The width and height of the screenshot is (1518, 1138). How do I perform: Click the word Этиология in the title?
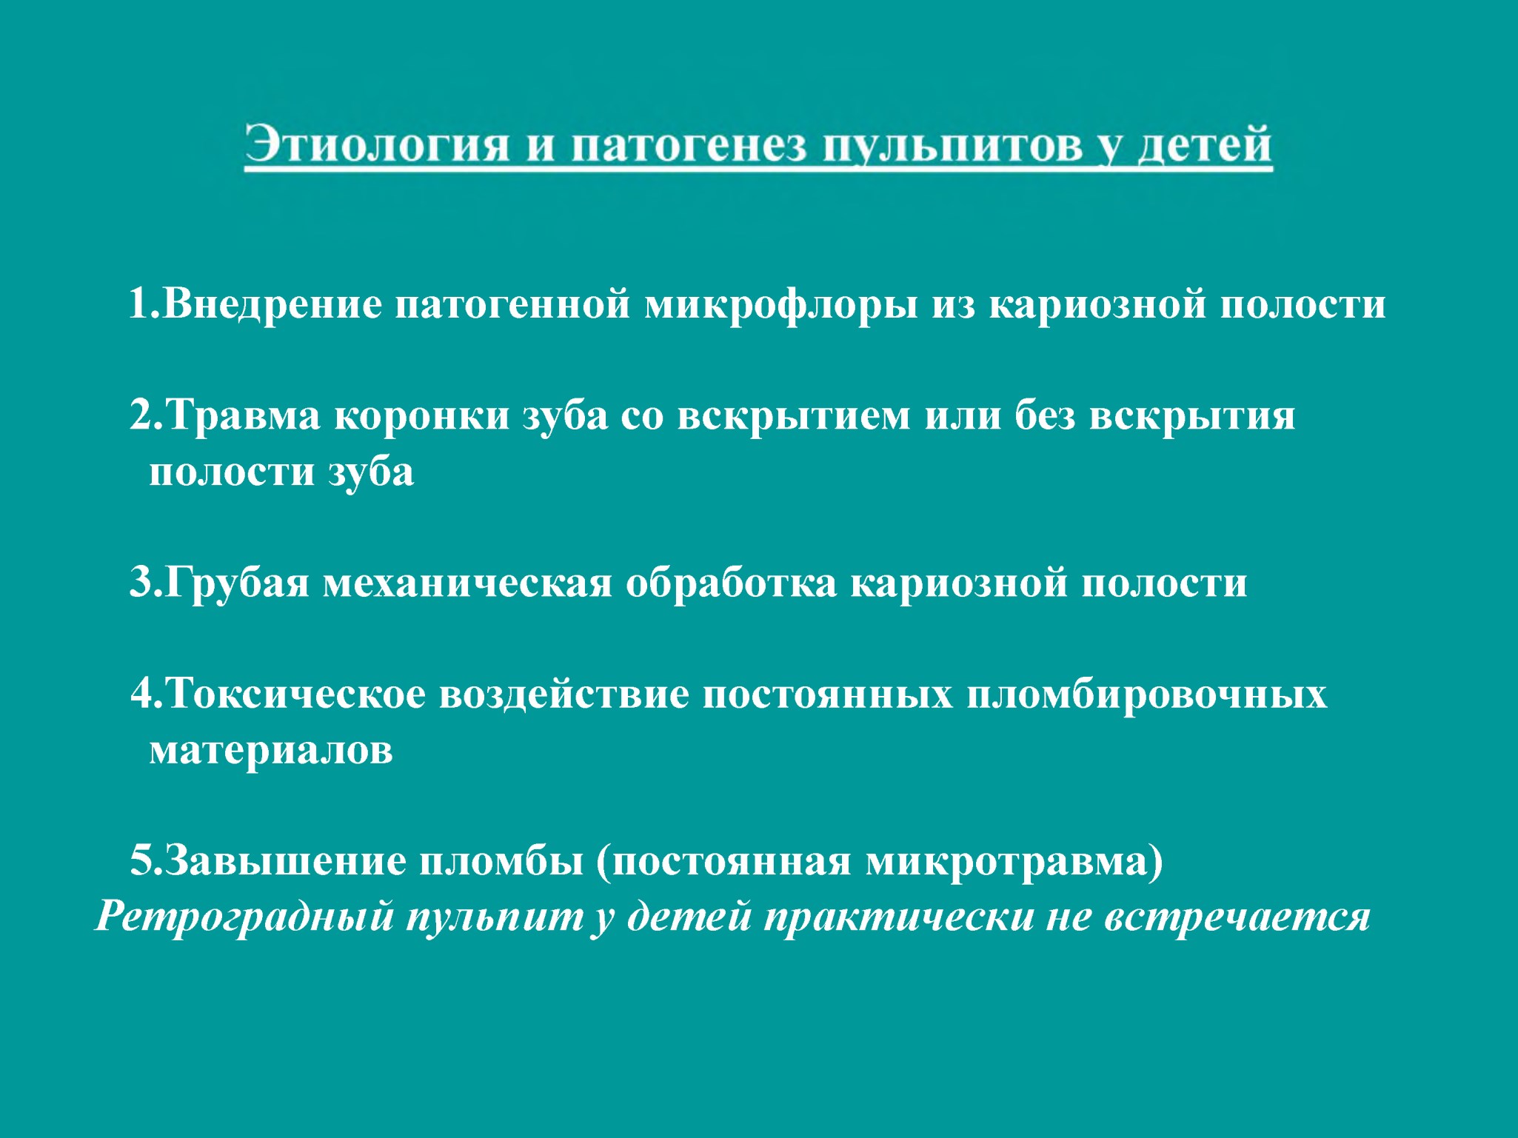[377, 144]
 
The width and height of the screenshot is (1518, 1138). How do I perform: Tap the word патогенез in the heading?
[689, 145]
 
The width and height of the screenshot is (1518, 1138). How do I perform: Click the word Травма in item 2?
[243, 415]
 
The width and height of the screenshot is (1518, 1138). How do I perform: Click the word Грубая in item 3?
[237, 583]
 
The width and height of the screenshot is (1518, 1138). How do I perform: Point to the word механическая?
[467, 583]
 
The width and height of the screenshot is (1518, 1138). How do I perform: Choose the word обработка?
[731, 582]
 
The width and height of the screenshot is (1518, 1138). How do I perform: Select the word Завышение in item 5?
[286, 861]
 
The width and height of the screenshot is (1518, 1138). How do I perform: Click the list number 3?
[141, 583]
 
